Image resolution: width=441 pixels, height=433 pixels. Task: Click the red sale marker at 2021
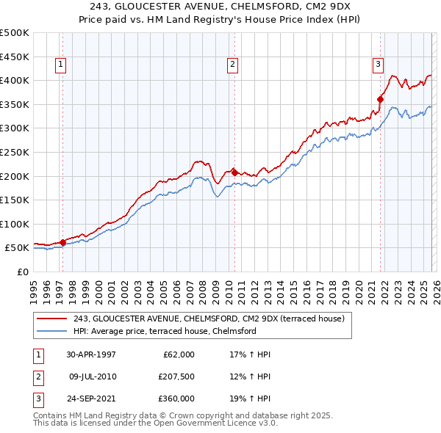381,99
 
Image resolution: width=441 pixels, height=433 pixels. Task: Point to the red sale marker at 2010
234,172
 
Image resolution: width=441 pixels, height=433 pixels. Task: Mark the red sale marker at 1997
63,241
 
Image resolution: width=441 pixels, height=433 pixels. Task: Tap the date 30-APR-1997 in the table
91,354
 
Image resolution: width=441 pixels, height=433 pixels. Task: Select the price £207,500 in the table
176,376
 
